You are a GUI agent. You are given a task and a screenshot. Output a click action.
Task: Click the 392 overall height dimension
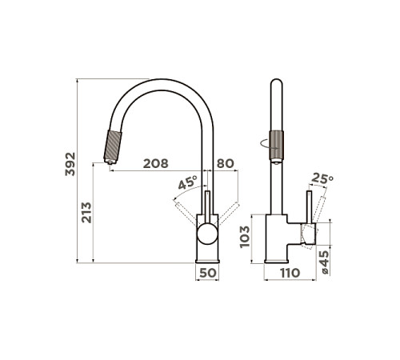click(70, 164)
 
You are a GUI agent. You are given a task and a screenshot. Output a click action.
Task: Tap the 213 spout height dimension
click(86, 213)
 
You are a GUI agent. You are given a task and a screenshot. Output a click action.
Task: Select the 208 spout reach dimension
click(156, 163)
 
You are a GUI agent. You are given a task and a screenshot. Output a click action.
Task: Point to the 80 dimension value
click(226, 163)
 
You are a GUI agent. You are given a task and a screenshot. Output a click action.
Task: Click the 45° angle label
click(187, 182)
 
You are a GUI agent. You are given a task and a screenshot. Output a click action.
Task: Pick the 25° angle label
click(322, 178)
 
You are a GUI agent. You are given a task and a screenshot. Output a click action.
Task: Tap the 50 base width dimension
click(208, 273)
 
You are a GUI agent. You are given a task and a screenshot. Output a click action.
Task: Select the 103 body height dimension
click(245, 237)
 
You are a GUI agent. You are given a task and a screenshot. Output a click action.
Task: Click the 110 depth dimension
click(290, 273)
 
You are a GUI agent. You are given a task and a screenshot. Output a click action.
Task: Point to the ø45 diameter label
click(325, 262)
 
